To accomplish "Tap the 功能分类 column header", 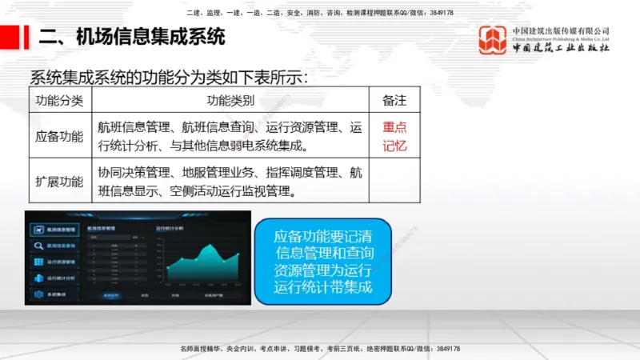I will [60, 100].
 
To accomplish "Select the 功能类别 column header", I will [230, 100].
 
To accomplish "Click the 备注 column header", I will [394, 100].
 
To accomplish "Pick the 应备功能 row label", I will [60, 136].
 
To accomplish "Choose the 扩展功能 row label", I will [60, 181].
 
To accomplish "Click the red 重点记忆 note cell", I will [394, 136].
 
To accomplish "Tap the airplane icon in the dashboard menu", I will [38, 230].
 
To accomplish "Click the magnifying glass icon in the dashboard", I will [38, 246].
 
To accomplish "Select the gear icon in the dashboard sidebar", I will [38, 294].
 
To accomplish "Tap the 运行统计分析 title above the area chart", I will [170, 229].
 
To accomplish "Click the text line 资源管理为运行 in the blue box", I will [323, 270].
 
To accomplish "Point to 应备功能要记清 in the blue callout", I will [323, 237].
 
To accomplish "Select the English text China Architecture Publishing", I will [561, 38].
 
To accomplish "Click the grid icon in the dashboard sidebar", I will [38, 262].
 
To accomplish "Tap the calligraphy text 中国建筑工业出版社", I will [561, 48].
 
